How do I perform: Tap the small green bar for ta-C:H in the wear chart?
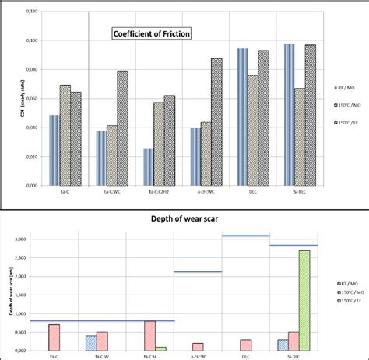click(160, 348)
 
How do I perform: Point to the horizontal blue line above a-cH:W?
click(198, 271)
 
